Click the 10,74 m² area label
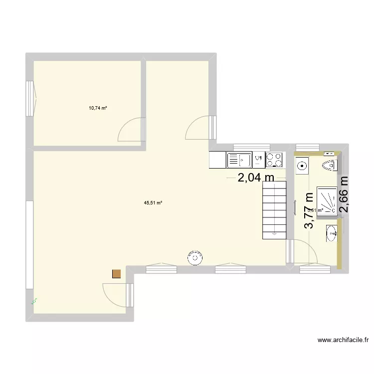point(98,108)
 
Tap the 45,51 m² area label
point(153,203)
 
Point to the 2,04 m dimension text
point(256,178)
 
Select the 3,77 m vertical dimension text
point(310,211)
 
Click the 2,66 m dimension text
point(344,194)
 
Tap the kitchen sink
point(239,160)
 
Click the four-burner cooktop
point(274,160)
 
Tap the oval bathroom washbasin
point(332,232)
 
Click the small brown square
point(117,273)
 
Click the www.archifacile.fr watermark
point(343,340)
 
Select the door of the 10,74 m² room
point(131,130)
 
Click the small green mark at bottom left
point(35,301)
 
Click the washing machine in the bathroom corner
point(302,167)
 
